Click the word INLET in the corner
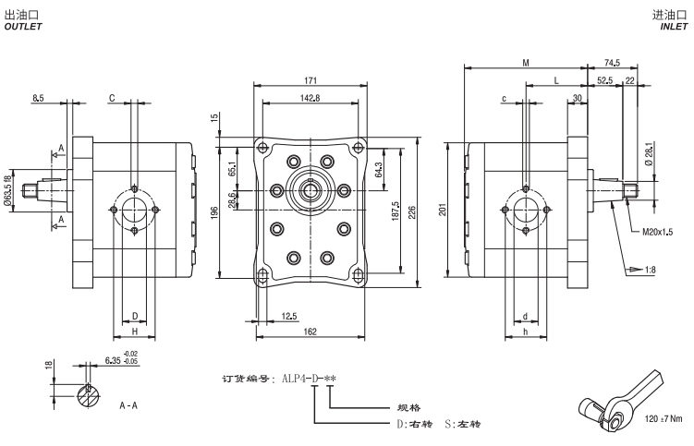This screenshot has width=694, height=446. pos(674,26)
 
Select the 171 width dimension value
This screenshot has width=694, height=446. pos(310,82)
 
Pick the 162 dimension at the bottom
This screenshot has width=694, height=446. pos(310,331)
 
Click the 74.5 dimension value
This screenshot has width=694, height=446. pos(612,63)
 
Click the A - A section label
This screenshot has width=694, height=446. pos(128,404)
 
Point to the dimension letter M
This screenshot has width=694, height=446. pos(525,63)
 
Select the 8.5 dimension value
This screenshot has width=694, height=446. pos(38,96)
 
